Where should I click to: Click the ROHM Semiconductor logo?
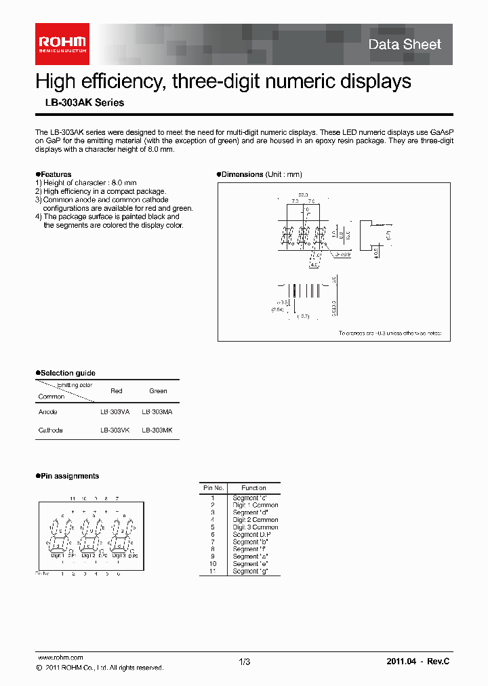click(62, 43)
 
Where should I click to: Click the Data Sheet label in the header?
click(405, 45)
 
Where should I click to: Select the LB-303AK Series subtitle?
click(79, 103)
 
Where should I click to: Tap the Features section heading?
click(55, 174)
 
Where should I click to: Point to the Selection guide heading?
click(67, 373)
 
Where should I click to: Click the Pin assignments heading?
click(69, 476)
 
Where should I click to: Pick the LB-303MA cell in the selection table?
click(157, 412)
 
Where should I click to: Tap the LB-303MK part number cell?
click(157, 430)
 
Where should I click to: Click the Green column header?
click(158, 391)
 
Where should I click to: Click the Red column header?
click(116, 391)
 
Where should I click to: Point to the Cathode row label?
click(51, 430)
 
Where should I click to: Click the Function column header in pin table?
click(253, 488)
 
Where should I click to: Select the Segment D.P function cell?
click(250, 535)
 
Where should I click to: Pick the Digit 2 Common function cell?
click(256, 520)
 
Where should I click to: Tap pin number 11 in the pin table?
click(212, 571)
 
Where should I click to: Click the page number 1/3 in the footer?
click(244, 662)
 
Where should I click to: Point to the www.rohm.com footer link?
click(60, 658)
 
